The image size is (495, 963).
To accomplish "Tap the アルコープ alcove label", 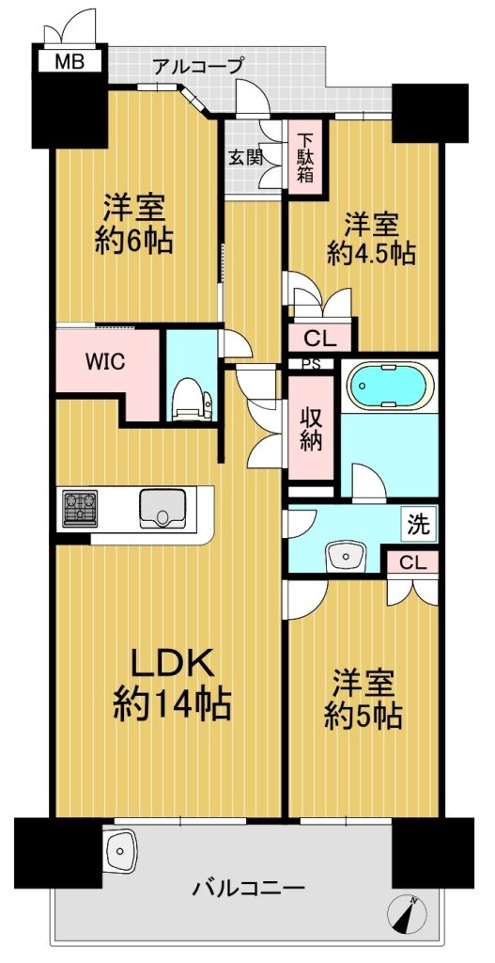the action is point(199,65).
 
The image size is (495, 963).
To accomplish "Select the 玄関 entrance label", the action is point(246,158).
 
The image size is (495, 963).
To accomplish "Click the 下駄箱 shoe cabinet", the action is point(307,158).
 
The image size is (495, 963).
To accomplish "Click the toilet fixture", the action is point(192,399).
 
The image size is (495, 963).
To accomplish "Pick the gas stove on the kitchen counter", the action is point(80,507).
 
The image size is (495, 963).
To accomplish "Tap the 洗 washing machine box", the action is point(420,524).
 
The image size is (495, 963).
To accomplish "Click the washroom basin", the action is point(347,557).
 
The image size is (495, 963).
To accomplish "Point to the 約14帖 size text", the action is point(173,704).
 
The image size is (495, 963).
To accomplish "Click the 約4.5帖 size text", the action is point(372,252).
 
